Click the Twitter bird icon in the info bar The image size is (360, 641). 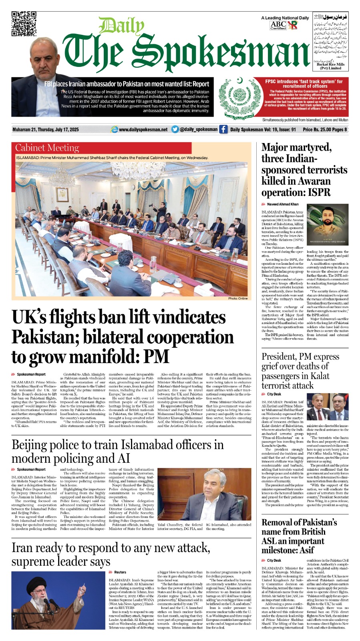point(175,129)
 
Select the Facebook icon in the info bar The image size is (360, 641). point(223,129)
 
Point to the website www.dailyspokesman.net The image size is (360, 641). point(143,130)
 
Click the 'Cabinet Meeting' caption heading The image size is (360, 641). point(47,148)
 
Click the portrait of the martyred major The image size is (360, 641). point(328,224)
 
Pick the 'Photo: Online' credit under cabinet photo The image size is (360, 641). point(238,298)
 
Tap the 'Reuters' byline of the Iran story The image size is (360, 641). point(120,572)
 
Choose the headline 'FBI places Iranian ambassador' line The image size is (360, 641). point(127,84)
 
